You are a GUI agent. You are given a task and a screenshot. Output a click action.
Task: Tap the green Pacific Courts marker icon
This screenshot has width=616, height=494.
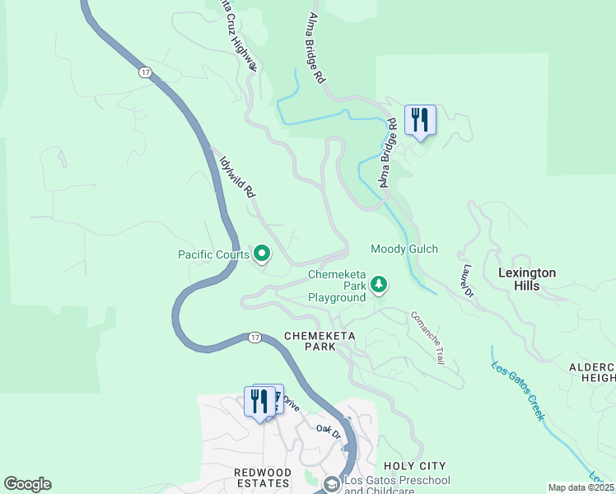[x=262, y=254]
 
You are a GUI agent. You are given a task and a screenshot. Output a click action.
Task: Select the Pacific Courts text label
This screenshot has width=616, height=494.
[x=213, y=254]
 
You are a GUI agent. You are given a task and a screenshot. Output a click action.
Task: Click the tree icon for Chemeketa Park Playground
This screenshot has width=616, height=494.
[x=379, y=285]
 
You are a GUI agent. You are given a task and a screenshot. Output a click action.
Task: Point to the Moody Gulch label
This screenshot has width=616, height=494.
[x=404, y=249]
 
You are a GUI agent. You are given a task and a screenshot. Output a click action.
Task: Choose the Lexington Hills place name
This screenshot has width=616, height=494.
[x=527, y=279]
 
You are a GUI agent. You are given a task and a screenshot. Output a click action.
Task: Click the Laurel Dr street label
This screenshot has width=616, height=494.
[x=467, y=281]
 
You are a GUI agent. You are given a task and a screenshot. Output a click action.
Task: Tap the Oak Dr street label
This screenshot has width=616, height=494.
[x=329, y=430]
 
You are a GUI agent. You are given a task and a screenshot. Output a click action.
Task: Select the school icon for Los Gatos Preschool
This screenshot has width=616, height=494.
[x=331, y=483]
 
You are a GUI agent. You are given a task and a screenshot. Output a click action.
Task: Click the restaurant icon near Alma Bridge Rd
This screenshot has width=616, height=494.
[x=420, y=120]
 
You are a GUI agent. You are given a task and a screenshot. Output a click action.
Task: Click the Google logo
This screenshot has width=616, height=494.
[x=27, y=484]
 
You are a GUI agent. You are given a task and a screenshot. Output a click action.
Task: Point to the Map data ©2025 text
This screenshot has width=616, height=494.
[x=581, y=487]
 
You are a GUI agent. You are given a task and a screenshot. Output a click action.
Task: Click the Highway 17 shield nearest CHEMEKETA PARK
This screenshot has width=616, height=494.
[x=255, y=338]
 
